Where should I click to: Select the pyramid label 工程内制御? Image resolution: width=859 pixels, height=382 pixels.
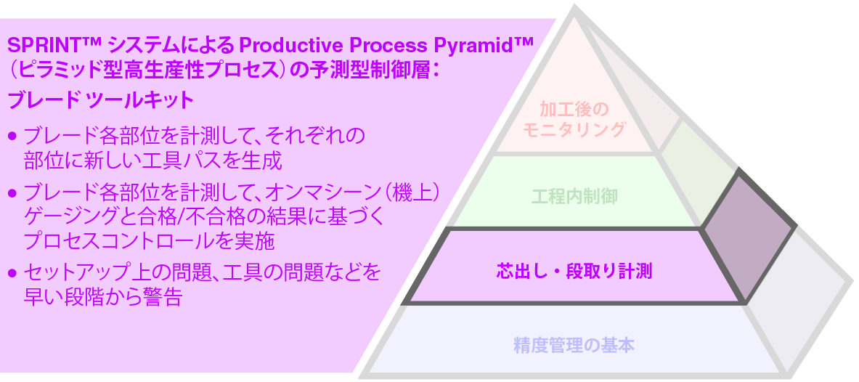(x=574, y=196)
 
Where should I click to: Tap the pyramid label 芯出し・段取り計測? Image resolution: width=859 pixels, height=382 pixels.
(x=574, y=272)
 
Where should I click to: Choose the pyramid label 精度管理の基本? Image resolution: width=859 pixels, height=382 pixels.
(x=574, y=345)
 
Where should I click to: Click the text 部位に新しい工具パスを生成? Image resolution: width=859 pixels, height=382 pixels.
(x=152, y=159)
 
